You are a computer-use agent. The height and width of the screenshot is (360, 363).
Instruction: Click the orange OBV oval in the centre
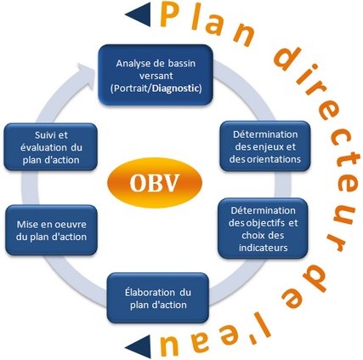155,183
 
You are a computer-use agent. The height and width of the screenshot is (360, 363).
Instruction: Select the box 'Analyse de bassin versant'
156,75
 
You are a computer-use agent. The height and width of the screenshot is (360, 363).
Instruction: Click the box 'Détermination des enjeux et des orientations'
265,146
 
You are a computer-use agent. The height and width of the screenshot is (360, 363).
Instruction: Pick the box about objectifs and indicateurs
263,228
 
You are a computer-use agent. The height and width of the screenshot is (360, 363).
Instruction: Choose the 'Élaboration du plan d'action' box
158,298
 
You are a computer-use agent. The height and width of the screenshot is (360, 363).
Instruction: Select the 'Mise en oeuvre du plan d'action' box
51,230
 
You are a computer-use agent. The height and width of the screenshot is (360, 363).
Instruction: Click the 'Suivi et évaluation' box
51,147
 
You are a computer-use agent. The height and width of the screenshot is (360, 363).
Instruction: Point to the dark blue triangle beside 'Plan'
139,14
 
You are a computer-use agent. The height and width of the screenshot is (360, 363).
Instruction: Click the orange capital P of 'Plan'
171,15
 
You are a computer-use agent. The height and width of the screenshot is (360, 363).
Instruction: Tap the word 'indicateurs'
264,248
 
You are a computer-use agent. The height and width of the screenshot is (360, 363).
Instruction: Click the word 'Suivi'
43,135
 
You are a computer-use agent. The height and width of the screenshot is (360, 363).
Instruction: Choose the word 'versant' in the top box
156,76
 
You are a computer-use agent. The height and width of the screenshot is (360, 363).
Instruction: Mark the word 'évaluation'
43,147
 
